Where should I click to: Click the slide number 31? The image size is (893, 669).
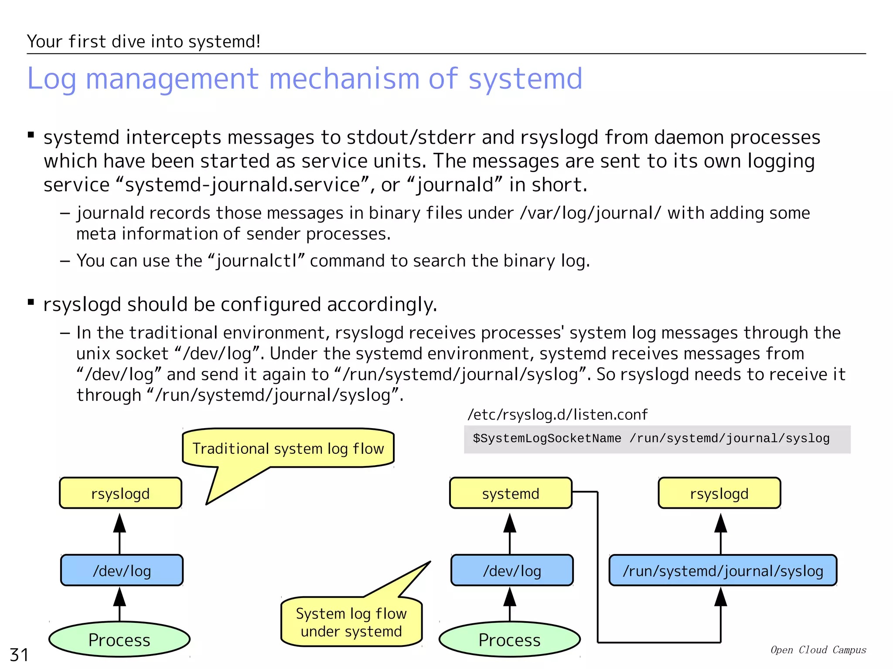(19, 655)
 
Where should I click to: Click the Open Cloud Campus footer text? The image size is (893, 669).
(818, 650)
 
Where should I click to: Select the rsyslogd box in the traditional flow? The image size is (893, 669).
(120, 493)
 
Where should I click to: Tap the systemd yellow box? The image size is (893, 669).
(511, 493)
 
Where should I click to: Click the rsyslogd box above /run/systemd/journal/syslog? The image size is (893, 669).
(719, 493)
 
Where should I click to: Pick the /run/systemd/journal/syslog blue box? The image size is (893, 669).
(723, 571)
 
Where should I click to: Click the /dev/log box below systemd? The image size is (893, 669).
(512, 571)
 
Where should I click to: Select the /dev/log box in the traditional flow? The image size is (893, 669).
(122, 571)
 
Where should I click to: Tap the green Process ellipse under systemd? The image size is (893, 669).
(509, 639)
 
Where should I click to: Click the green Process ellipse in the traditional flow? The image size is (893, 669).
(119, 639)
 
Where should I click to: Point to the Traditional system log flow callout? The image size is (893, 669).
(288, 449)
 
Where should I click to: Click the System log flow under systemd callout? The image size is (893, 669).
(351, 622)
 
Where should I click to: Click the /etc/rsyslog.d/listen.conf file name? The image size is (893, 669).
(557, 415)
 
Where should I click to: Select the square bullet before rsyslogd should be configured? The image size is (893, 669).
(31, 302)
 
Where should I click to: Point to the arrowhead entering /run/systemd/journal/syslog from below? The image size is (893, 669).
(720, 597)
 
